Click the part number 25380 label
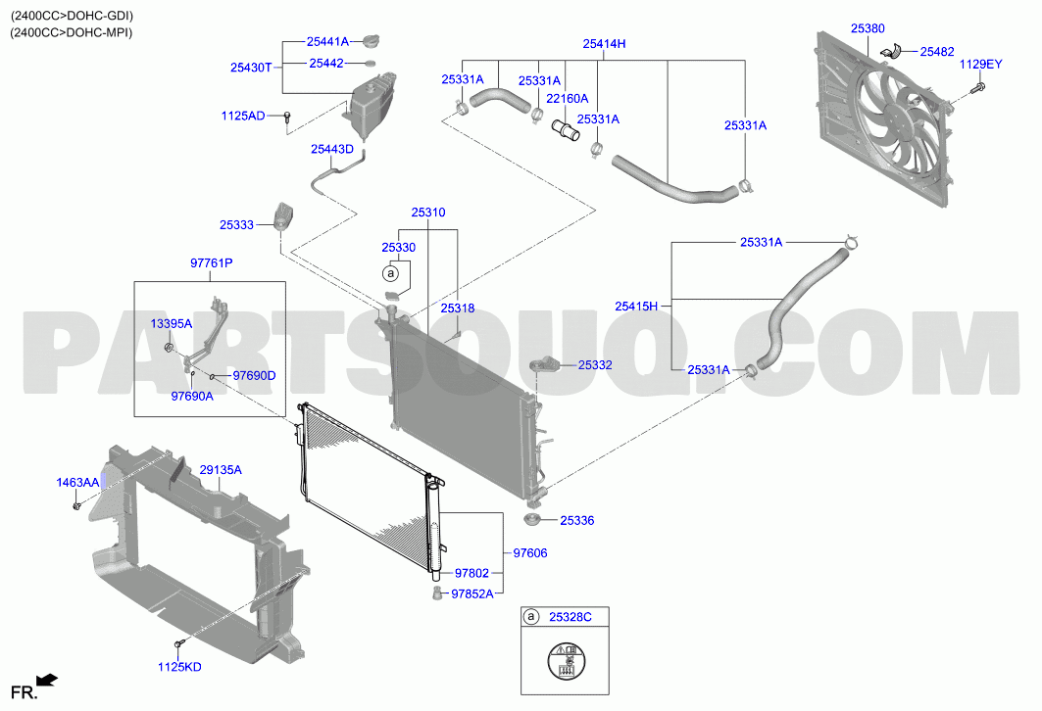pyautogui.click(x=868, y=28)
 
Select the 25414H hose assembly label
pyautogui.click(x=604, y=44)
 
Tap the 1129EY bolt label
pyautogui.click(x=980, y=65)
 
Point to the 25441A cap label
pyautogui.click(x=327, y=41)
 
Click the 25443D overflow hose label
pyautogui.click(x=332, y=150)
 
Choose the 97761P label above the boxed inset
pyautogui.click(x=212, y=262)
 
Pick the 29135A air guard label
pyautogui.click(x=221, y=470)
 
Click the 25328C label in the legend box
pyautogui.click(x=571, y=617)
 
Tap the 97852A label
pyautogui.click(x=472, y=594)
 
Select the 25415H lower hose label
pyautogui.click(x=636, y=306)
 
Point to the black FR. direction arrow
pyautogui.click(x=47, y=680)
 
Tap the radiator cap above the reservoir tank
pyautogui.click(x=372, y=42)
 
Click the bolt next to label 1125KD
pyautogui.click(x=178, y=644)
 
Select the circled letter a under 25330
pyautogui.click(x=391, y=273)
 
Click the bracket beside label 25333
pyautogui.click(x=283, y=215)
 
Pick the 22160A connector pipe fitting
pyautogui.click(x=566, y=129)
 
